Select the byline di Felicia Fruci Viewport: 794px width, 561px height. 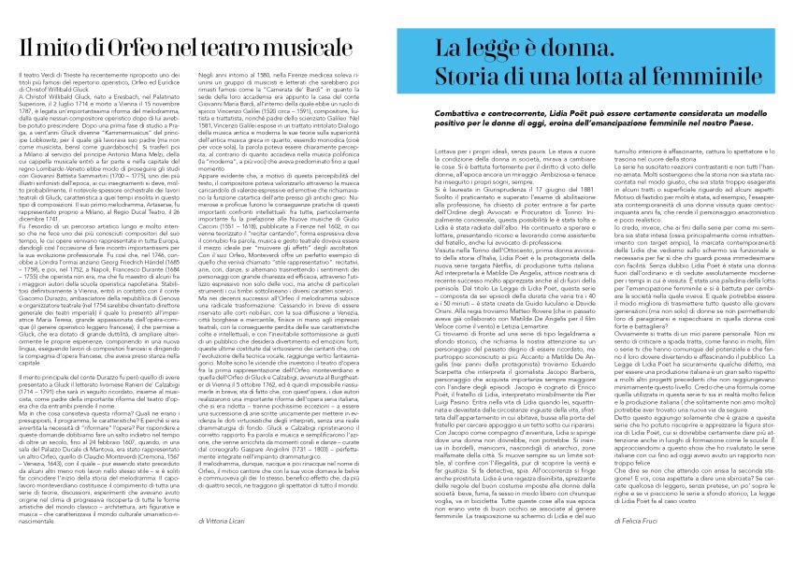(x=639, y=518)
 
